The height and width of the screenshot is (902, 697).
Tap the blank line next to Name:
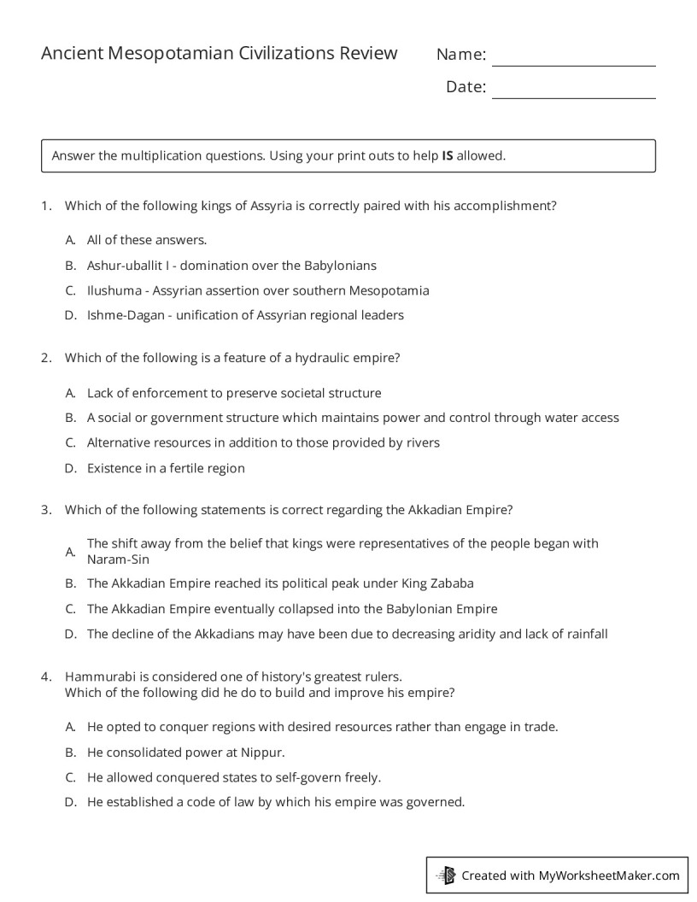coord(573,59)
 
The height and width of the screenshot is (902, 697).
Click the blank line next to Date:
coord(573,91)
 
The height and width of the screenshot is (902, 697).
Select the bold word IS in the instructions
coord(447,156)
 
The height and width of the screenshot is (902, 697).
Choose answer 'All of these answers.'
coord(147,240)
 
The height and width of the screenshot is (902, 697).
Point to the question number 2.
coord(45,359)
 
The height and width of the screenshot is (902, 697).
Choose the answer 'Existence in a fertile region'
coord(166,468)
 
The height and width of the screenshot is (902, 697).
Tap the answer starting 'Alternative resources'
coord(263,443)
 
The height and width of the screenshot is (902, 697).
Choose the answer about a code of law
coord(275,802)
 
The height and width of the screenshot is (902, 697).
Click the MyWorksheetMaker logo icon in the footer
coord(446,875)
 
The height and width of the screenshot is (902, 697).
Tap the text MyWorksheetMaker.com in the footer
coord(609,876)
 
